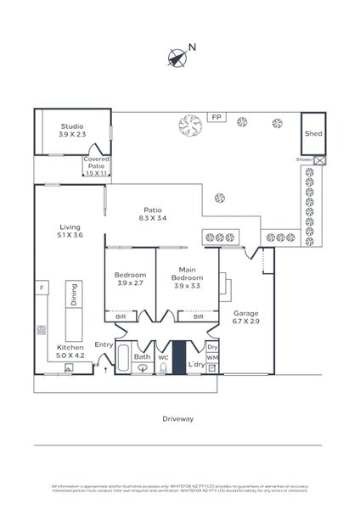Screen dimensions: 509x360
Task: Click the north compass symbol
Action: [x=177, y=57]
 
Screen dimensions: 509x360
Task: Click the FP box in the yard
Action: [x=217, y=118]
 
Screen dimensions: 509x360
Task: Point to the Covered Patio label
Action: [x=97, y=165]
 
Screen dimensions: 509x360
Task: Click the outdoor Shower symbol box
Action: [x=319, y=159]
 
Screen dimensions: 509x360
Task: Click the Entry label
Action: [x=104, y=344]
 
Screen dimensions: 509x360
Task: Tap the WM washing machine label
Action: [x=212, y=358]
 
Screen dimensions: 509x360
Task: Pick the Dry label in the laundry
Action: [x=212, y=346]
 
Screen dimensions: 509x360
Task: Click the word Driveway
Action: [x=178, y=418]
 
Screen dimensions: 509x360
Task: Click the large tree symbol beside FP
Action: [x=190, y=126]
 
